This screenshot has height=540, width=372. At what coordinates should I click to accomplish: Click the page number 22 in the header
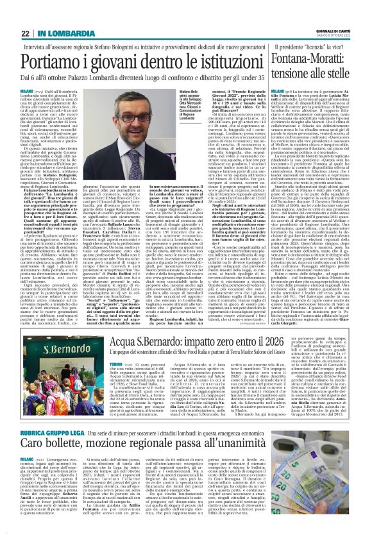[25, 33]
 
